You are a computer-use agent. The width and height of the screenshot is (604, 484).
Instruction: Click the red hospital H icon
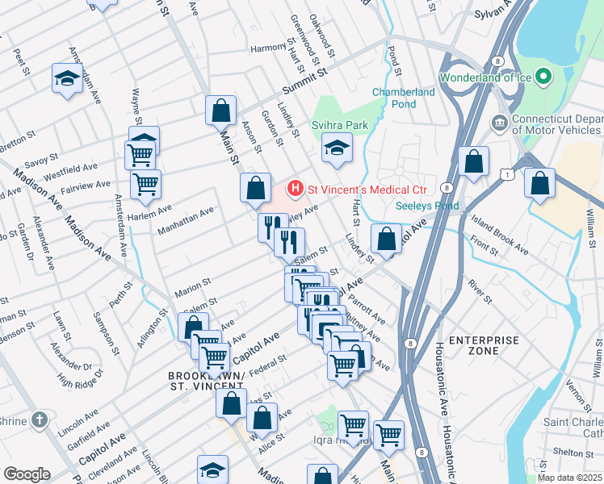pos(296,189)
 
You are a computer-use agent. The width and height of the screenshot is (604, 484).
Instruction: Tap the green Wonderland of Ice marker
pos(543,78)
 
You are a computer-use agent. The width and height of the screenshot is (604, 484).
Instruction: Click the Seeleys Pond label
pos(427,206)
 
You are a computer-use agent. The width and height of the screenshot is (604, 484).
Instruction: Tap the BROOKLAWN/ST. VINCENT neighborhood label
pos(201,383)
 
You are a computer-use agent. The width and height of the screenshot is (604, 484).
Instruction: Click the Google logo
pos(27,474)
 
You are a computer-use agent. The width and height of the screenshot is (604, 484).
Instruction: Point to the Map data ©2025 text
pos(569,478)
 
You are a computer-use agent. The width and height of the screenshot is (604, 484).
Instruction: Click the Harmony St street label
pos(268,48)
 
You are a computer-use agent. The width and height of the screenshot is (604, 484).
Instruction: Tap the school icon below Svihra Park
pos(337,147)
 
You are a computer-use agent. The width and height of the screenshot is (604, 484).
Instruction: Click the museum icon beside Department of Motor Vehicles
pos(499,123)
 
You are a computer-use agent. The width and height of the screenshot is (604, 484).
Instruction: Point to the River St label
pos(479,294)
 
